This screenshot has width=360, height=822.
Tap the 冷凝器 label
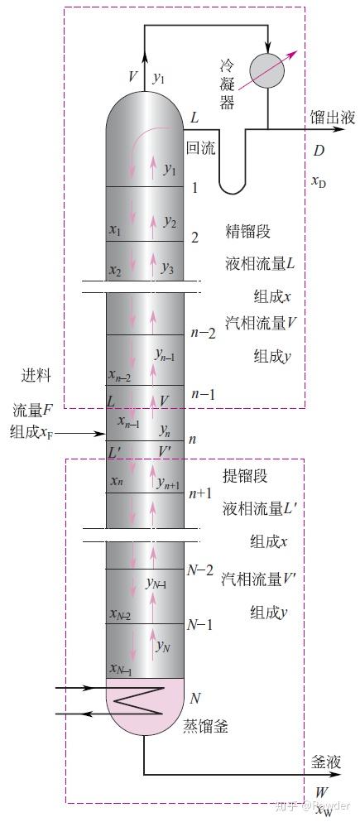pos(227,84)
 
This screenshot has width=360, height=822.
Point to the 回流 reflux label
pos(200,149)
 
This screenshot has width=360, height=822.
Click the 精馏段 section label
pos(247,231)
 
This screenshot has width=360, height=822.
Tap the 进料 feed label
pos(36,375)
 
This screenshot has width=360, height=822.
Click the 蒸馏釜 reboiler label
pos(205,728)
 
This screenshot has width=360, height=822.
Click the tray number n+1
pos(201,494)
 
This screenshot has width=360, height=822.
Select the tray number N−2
pos(200,570)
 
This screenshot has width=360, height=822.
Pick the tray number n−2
pos(202,334)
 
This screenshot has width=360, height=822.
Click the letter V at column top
pos(133,77)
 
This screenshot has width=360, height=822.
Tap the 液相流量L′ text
pos(254,509)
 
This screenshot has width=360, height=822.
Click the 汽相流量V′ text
pos(254,578)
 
